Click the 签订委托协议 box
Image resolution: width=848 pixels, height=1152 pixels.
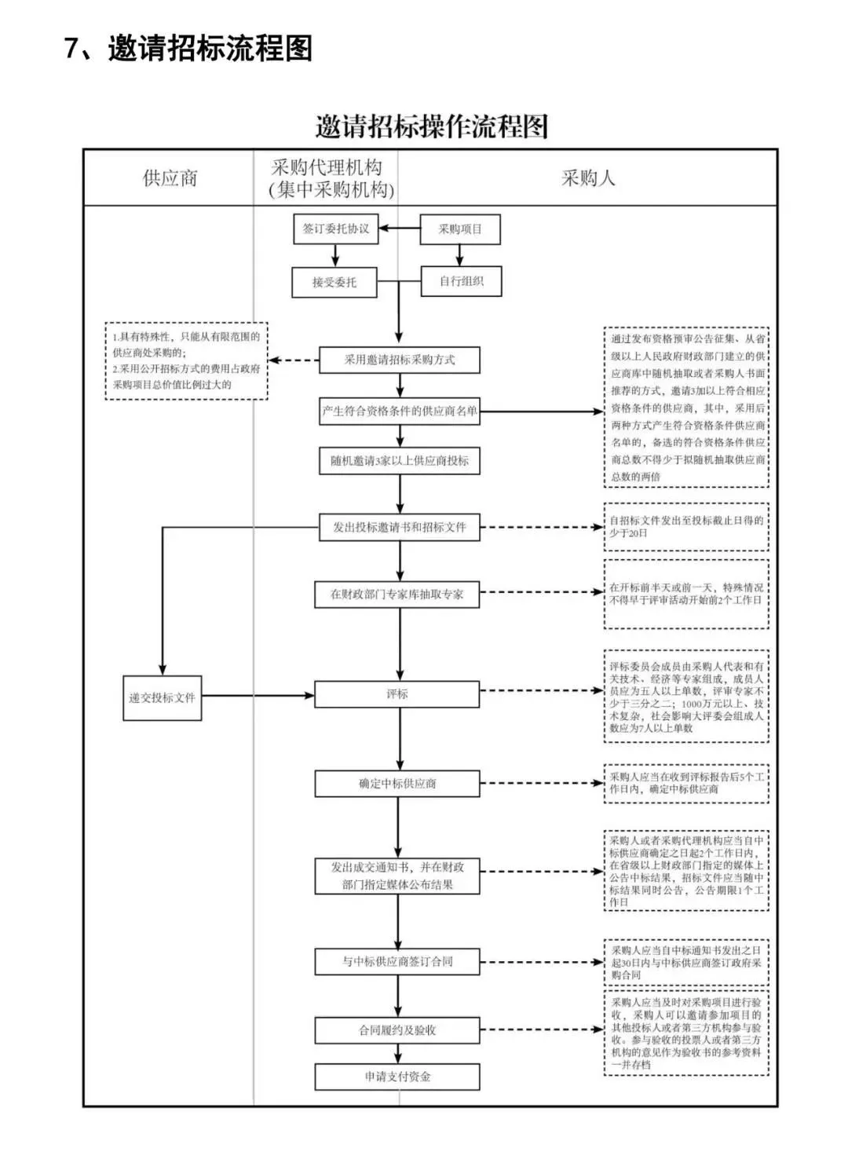pos(335,229)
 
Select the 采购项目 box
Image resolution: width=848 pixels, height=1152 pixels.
pos(460,229)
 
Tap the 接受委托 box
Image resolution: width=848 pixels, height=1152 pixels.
pos(334,282)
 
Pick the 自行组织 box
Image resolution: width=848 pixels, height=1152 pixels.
pos(461,281)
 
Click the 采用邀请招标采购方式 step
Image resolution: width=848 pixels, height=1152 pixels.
pos(400,360)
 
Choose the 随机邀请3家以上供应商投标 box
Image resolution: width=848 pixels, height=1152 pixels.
pos(400,461)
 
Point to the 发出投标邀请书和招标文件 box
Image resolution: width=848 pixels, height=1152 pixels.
pos(400,527)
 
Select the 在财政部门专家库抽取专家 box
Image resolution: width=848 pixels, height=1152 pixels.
pos(397,594)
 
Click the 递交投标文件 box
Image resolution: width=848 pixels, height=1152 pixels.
pos(163,697)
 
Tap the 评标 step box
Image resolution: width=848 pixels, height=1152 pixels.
pos(397,694)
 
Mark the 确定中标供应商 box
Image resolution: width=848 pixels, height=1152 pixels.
pos(397,784)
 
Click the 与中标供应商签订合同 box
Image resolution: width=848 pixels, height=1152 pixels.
pos(397,961)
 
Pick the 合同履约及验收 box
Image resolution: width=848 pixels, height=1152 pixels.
pos(397,1029)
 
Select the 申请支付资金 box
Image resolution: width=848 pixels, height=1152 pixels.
pos(397,1077)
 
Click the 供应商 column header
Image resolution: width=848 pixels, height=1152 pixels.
pos(170,178)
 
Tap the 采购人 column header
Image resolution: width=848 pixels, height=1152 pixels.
pos(587,178)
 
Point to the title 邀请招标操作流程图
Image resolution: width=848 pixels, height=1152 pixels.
pos(431,126)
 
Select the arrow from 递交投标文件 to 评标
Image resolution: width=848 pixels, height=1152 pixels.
pos(258,695)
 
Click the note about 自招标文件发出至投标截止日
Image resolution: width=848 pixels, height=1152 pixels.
pos(686,526)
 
